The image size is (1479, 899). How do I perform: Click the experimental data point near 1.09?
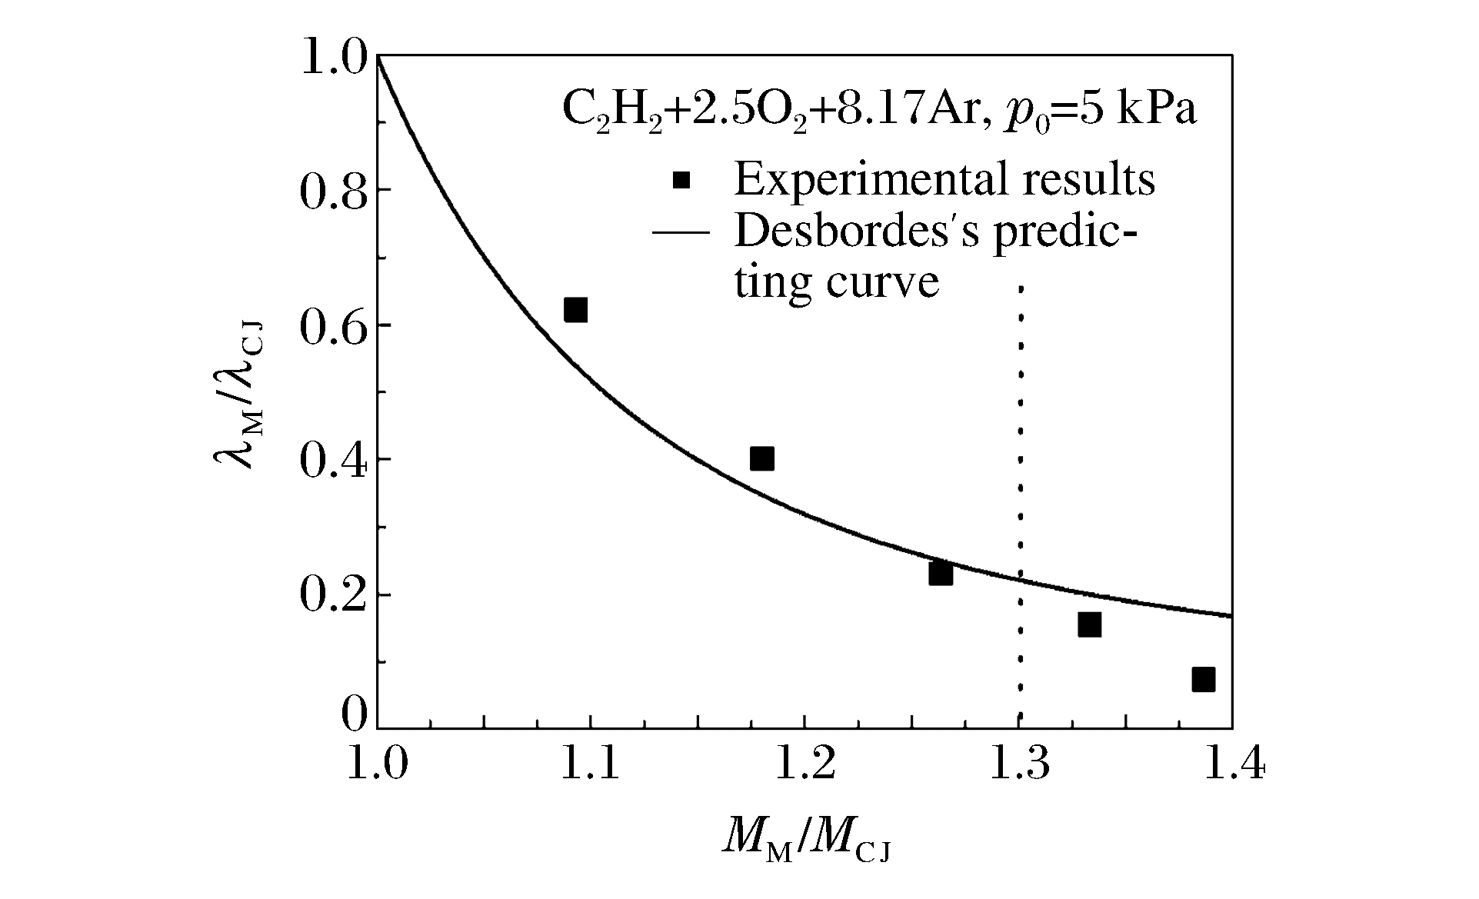(575, 310)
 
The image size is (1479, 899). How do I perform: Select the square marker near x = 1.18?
(761, 459)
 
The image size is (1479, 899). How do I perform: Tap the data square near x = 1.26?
(940, 573)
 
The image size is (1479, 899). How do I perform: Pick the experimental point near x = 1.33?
(1089, 624)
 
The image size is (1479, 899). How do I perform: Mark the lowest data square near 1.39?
(1204, 679)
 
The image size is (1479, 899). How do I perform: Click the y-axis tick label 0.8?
(331, 192)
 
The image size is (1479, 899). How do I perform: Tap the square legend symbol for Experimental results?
(681, 180)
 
